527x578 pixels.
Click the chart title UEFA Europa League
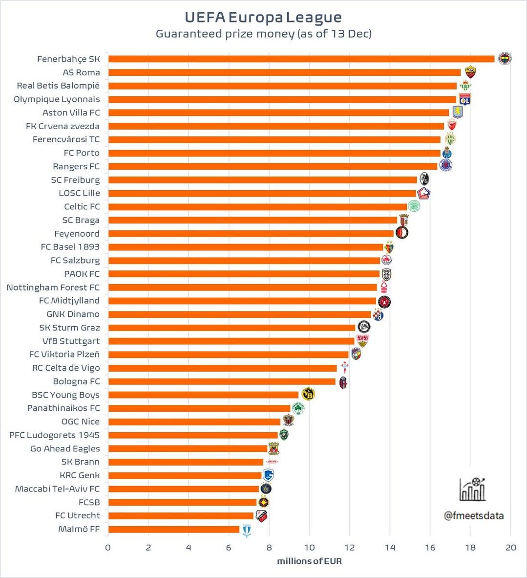(x=263, y=17)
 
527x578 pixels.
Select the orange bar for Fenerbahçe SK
(x=301, y=59)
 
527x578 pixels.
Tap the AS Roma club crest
(x=470, y=72)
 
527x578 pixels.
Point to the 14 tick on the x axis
(x=390, y=547)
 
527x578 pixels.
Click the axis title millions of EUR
(x=309, y=561)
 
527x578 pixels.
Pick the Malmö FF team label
(x=79, y=529)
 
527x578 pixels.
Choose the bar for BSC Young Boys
(x=203, y=395)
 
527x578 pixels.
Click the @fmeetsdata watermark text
(x=474, y=515)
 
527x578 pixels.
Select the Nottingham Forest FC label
(x=53, y=287)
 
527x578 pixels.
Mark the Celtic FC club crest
(x=414, y=206)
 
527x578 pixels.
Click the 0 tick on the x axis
(x=108, y=547)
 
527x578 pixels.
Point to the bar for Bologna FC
(x=222, y=381)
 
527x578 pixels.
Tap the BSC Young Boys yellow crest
(x=308, y=394)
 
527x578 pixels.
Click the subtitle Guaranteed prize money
(x=263, y=34)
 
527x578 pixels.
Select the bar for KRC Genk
(x=185, y=475)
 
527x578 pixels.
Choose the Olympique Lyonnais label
(x=57, y=99)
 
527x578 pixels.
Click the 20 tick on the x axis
(x=510, y=547)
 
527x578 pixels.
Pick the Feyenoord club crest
(x=401, y=233)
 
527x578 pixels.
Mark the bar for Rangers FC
(x=273, y=166)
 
